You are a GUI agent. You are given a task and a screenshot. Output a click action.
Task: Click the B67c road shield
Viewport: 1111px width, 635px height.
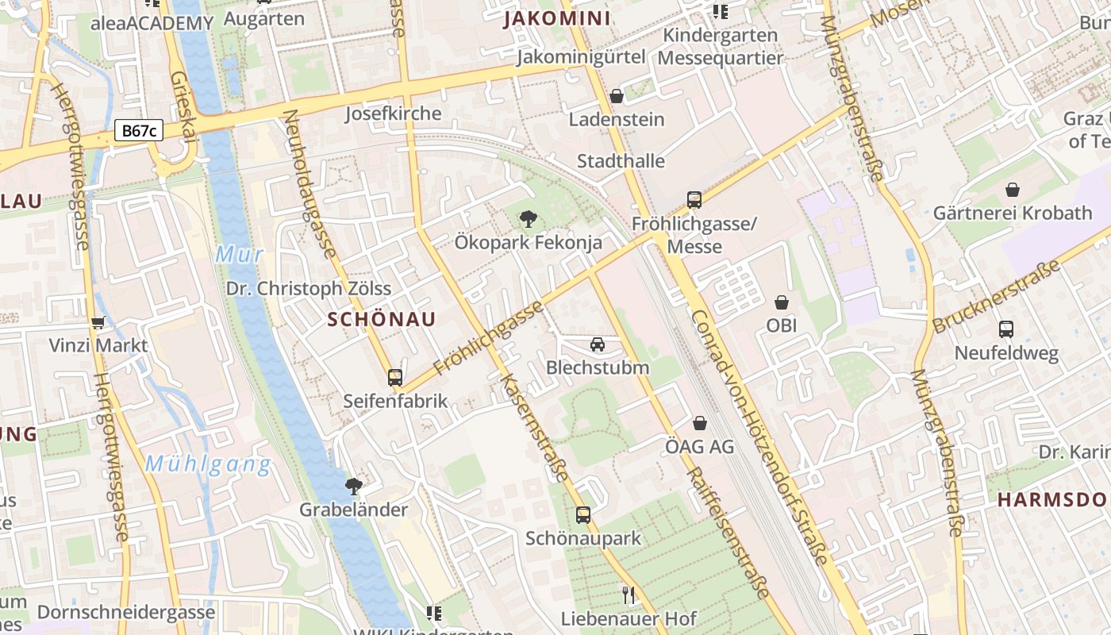coord(139,131)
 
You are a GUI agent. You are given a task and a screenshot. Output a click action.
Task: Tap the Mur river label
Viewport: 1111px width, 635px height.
coord(238,255)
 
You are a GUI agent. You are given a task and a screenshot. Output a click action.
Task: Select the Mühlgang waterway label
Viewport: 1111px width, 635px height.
coord(208,464)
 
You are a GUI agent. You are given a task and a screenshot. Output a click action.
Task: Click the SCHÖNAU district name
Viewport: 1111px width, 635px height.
coord(382,319)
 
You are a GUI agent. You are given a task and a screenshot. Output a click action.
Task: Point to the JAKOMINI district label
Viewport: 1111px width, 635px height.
coord(557,19)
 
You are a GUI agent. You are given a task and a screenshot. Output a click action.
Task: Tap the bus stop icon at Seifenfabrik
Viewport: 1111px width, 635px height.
coord(395,378)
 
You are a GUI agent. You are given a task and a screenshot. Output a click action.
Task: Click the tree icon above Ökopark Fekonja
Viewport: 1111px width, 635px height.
coord(528,219)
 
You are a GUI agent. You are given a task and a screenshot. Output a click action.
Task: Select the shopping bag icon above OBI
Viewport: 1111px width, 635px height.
coord(782,302)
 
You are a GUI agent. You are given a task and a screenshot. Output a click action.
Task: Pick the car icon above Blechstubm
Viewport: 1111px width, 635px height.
coord(598,344)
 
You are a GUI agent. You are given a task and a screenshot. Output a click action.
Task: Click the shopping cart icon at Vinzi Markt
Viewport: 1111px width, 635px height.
coord(98,322)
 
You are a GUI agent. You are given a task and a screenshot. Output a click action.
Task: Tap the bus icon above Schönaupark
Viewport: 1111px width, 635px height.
coord(583,515)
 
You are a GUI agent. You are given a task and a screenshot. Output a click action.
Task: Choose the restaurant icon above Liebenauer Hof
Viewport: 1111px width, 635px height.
coord(629,595)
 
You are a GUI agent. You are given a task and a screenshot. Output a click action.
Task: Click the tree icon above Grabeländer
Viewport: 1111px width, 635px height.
coord(354,486)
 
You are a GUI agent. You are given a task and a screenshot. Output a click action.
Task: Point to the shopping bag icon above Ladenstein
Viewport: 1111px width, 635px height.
coord(617,96)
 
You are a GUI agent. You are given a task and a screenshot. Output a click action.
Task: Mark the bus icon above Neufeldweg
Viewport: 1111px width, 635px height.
coord(1006,329)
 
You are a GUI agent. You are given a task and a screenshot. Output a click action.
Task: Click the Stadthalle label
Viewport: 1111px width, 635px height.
coord(621,161)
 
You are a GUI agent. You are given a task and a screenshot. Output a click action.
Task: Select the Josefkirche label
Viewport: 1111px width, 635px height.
coord(393,114)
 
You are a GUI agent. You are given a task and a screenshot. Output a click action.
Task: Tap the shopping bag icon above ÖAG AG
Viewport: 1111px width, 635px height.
coord(700,423)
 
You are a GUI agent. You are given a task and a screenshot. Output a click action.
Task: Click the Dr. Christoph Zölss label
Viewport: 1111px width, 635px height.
coord(309,288)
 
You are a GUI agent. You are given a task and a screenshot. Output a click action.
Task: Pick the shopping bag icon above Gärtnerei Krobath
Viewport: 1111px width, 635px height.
coord(1013,190)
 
